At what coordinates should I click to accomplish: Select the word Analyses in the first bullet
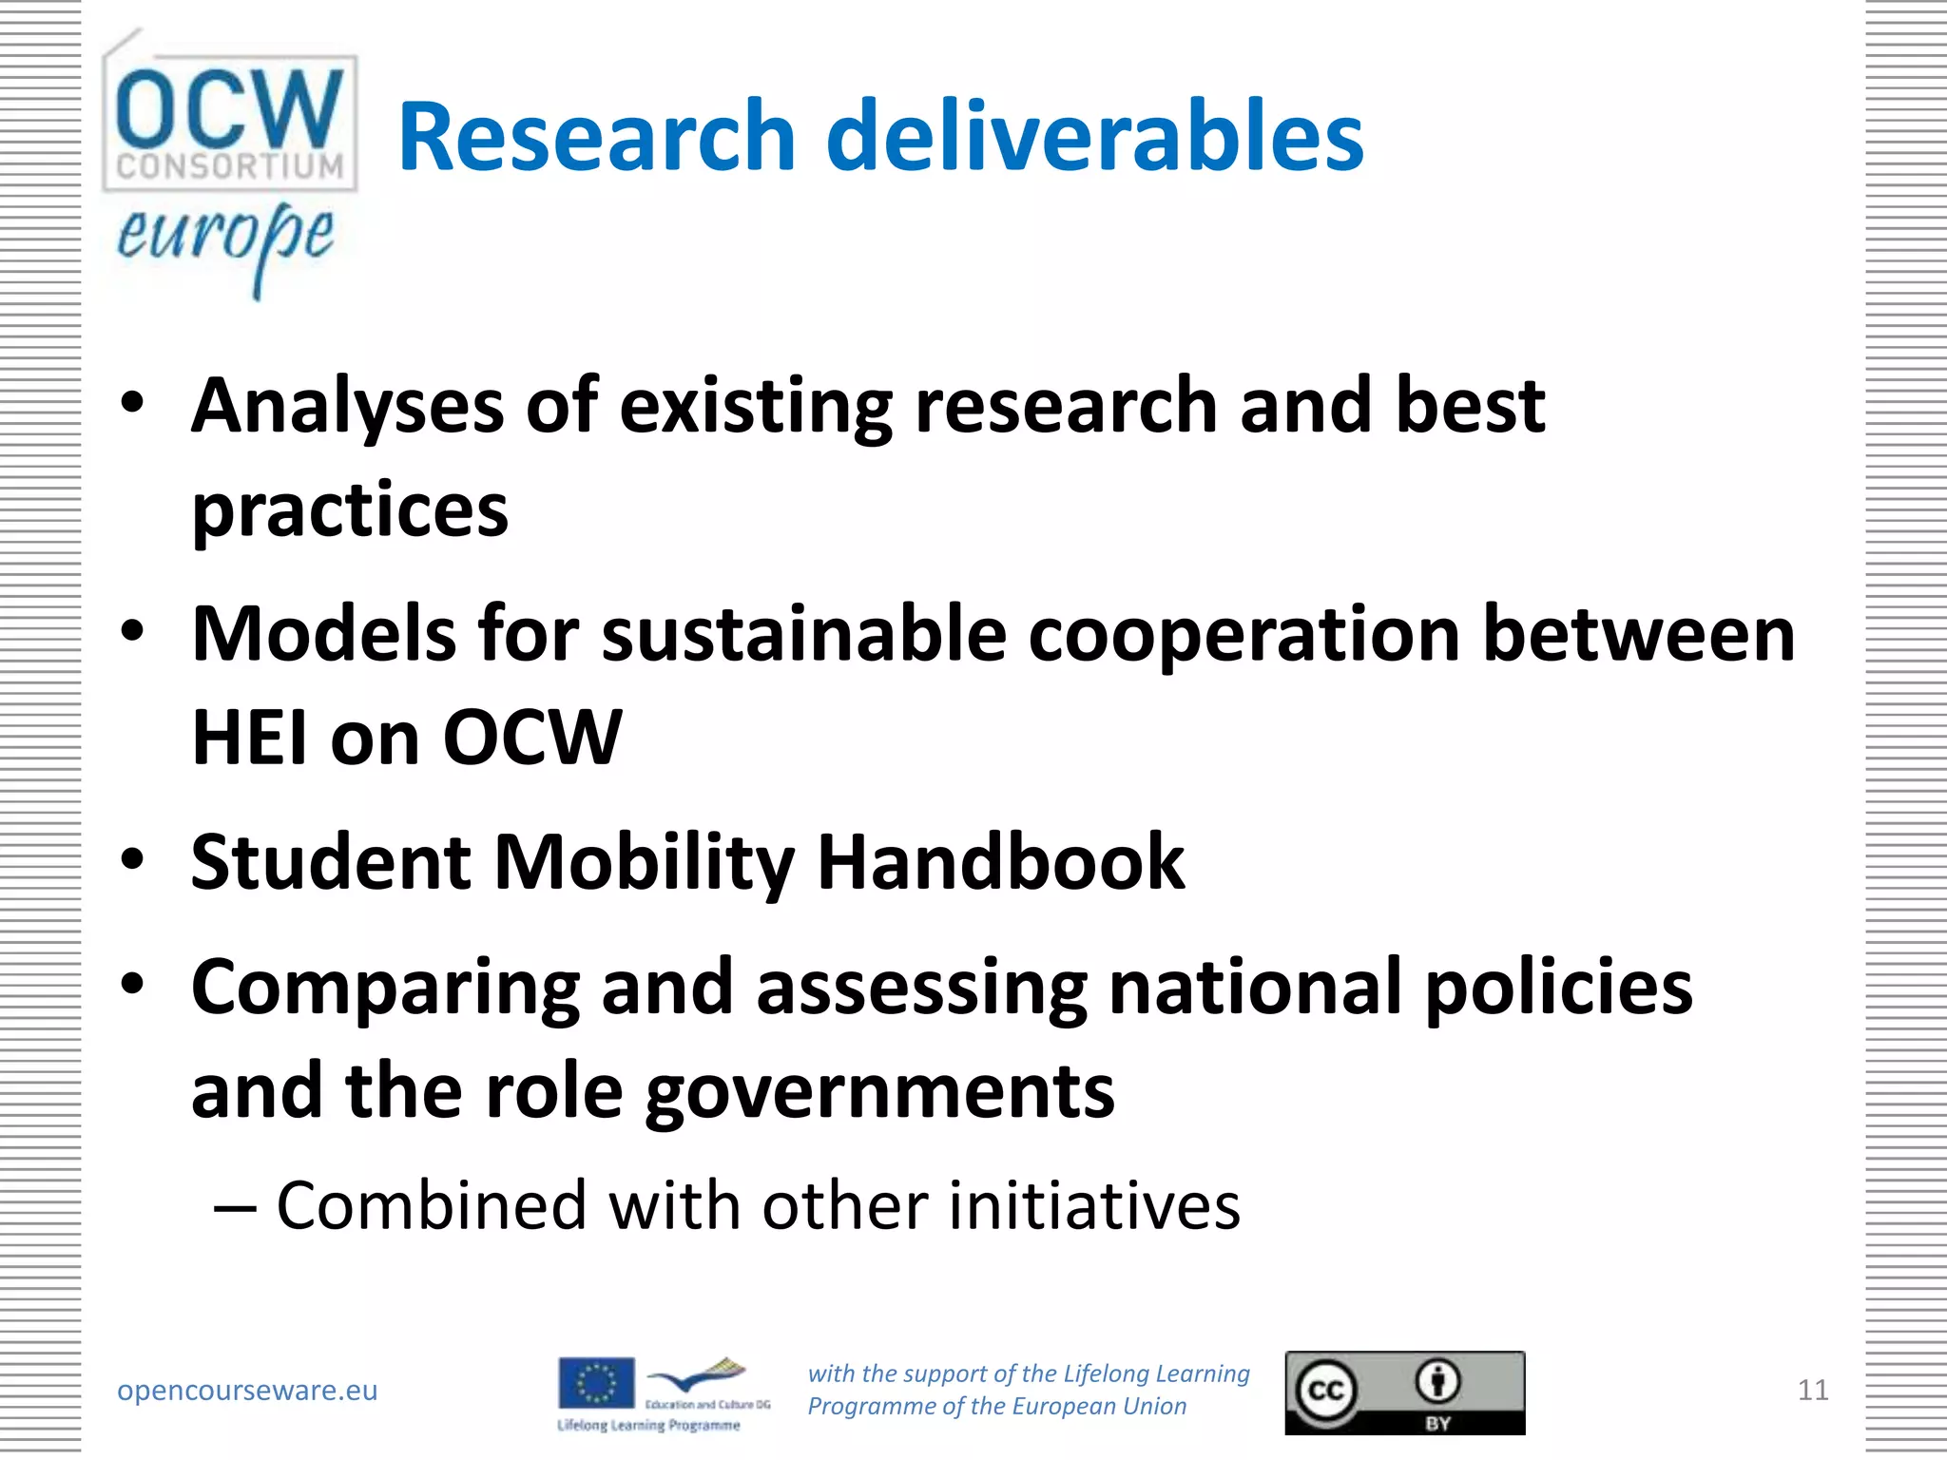(347, 406)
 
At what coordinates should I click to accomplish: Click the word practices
(350, 510)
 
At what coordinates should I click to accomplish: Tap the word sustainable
(803, 634)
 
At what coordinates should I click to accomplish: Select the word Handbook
(1000, 862)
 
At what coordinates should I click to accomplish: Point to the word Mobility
(644, 862)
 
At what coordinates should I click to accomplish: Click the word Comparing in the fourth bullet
(385, 988)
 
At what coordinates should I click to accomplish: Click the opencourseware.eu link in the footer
(247, 1391)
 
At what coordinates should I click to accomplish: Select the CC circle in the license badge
(1326, 1391)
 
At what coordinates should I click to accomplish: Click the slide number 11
(1813, 1391)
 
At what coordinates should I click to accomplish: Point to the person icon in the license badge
(1438, 1381)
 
